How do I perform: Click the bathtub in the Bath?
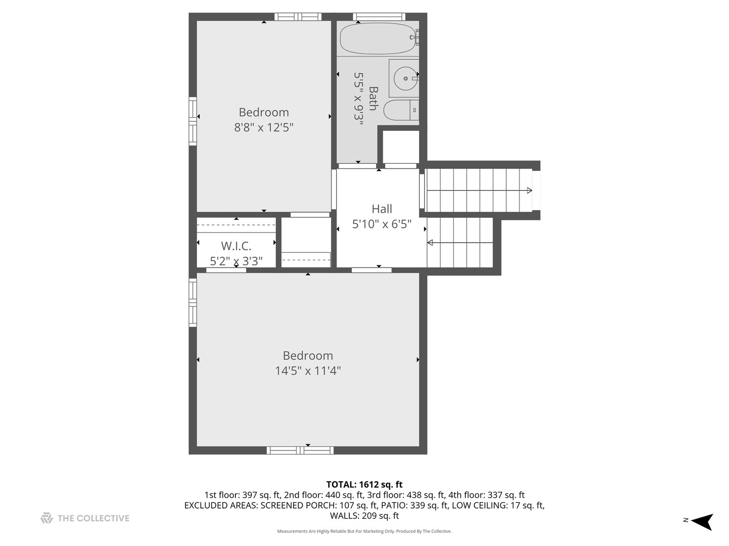(378, 38)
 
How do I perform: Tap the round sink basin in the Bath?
(406, 78)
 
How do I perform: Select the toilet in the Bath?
(400, 110)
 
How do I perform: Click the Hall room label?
(382, 209)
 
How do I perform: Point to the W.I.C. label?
(236, 246)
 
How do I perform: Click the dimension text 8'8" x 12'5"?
(264, 127)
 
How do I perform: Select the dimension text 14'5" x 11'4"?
(308, 371)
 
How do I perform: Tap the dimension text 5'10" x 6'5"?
(382, 224)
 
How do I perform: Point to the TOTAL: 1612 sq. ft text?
(364, 485)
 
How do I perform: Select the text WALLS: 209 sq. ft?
(364, 516)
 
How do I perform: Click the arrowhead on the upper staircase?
(529, 191)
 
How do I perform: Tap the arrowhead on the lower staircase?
(430, 243)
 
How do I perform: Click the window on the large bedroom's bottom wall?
(300, 450)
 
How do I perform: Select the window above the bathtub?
(379, 17)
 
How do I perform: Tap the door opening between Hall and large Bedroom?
(372, 270)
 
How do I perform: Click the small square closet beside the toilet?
(400, 147)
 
